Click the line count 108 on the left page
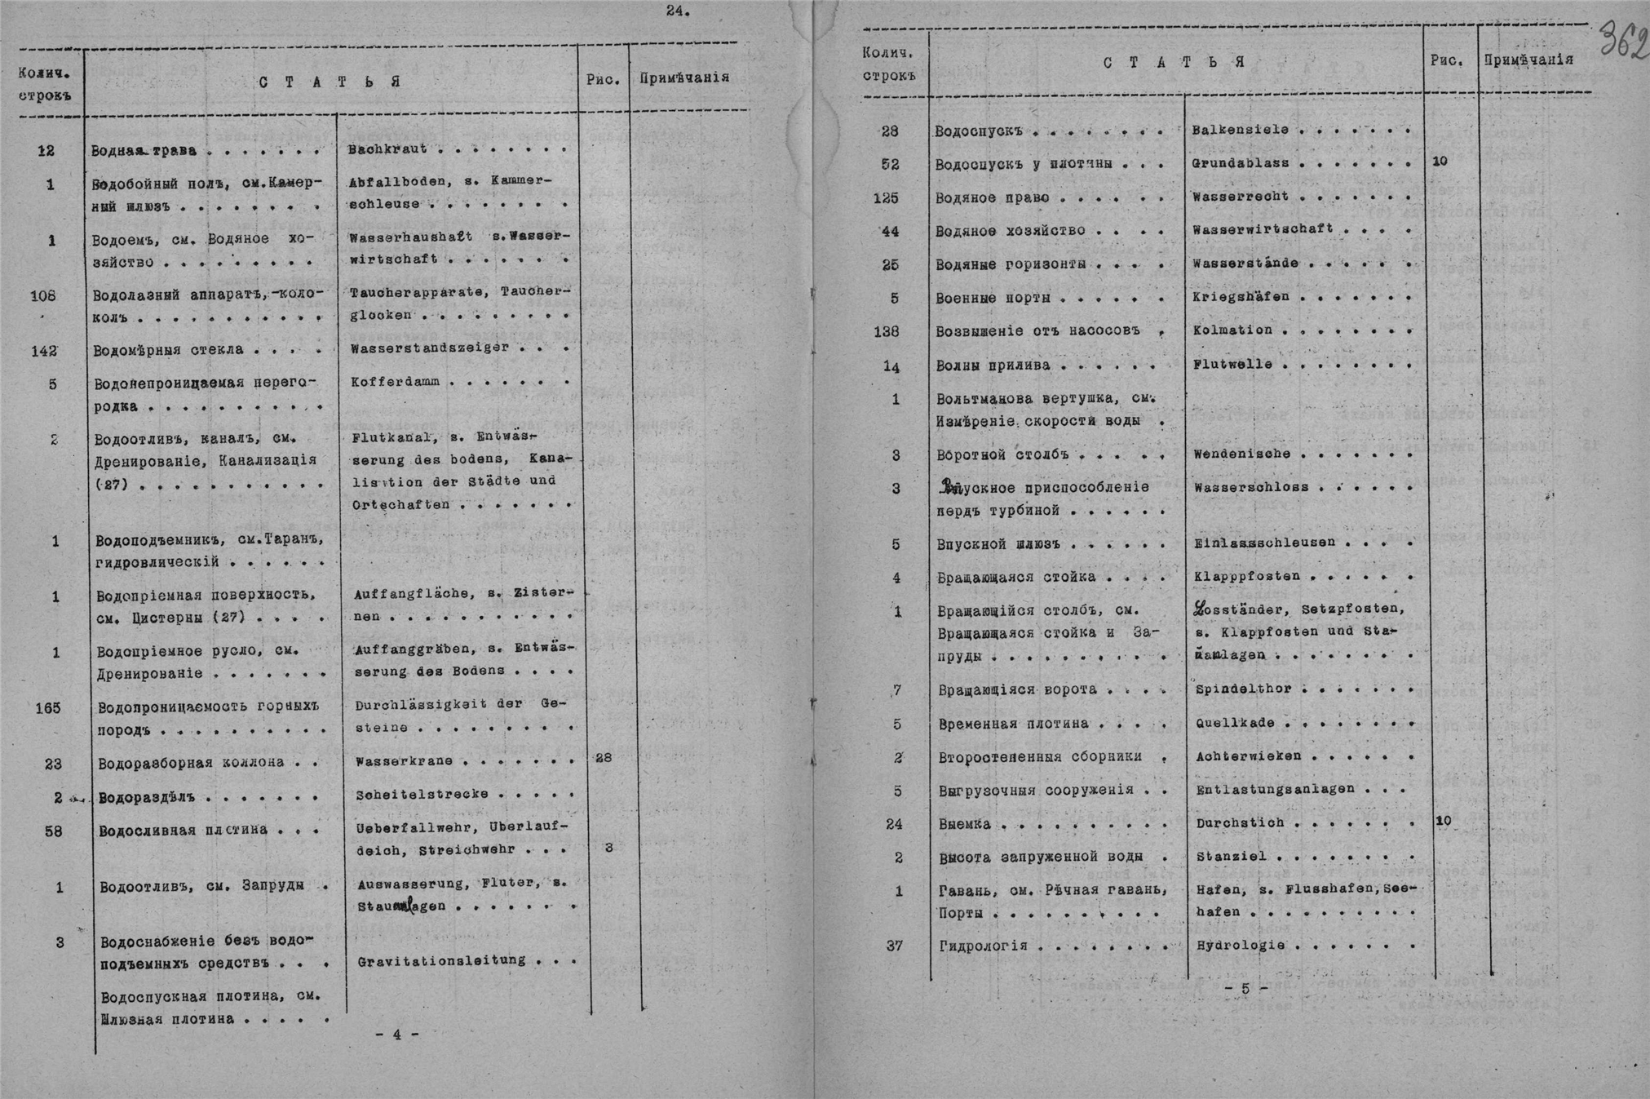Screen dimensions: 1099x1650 coord(42,295)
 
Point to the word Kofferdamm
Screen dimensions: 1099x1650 coord(395,382)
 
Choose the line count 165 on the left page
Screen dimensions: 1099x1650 coord(48,707)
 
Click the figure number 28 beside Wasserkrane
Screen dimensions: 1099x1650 coord(604,758)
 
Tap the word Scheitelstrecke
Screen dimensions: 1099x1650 coord(422,794)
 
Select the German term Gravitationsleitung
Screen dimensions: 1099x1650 coord(441,960)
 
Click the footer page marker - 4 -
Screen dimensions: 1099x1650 coord(397,1035)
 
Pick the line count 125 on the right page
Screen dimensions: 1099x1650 coord(886,197)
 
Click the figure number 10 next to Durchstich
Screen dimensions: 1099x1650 coord(1444,821)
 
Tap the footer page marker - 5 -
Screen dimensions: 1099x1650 coord(1245,989)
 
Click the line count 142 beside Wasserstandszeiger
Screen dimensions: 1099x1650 coord(44,351)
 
